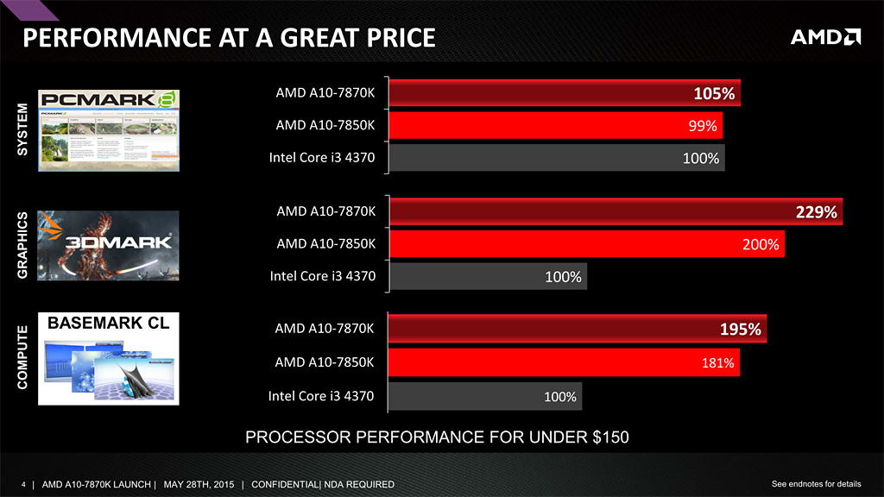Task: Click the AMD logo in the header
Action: [825, 37]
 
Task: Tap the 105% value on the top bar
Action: [714, 94]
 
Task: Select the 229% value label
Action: [816, 212]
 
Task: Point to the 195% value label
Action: [741, 330]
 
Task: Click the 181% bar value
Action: [718, 363]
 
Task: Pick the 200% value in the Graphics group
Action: [761, 245]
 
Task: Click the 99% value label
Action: [703, 127]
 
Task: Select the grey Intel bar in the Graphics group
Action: [488, 277]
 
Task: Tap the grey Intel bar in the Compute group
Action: [485, 397]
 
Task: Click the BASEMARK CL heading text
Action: [109, 324]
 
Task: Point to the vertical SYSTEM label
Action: [23, 129]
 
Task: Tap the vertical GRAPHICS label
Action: [23, 244]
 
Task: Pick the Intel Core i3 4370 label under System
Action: [322, 158]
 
